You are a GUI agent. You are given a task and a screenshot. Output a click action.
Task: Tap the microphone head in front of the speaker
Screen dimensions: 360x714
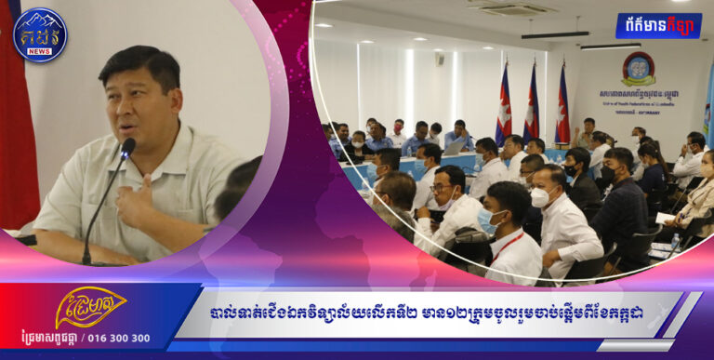[x=127, y=147]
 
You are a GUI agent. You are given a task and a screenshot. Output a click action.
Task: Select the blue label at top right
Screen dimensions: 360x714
[x=658, y=25]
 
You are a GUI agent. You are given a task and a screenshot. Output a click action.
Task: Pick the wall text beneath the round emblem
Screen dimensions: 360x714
[x=638, y=99]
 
